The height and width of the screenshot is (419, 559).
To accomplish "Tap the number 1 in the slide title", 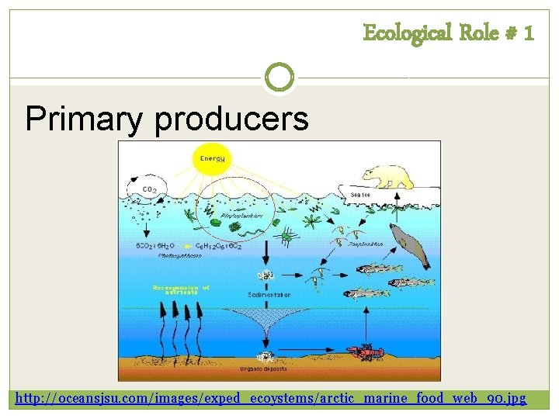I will point(528,33).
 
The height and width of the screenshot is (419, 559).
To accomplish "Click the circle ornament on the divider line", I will point(279,77).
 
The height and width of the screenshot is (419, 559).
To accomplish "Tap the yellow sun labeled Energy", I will point(212,159).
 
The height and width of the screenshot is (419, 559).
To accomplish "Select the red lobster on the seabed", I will point(365,353).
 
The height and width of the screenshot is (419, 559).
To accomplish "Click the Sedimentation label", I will point(269,295).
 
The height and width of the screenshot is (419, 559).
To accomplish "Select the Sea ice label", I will point(360,193).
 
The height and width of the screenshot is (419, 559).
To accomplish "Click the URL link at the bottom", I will point(271,399).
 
